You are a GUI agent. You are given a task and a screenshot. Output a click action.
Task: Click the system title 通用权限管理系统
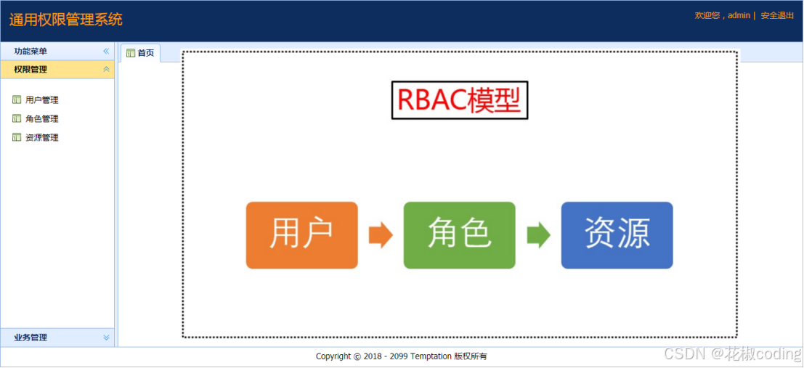[66, 20]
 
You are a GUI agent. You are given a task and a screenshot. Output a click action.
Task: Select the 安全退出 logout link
[777, 15]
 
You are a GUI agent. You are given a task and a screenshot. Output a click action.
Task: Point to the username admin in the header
[739, 15]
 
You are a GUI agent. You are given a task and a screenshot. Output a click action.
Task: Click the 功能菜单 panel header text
[31, 52]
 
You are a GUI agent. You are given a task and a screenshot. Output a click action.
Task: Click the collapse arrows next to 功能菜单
[106, 52]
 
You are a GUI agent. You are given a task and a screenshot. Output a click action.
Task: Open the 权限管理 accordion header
[31, 70]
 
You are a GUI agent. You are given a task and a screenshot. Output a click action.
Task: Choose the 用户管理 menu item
[41, 100]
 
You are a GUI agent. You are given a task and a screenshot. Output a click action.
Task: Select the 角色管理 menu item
[41, 119]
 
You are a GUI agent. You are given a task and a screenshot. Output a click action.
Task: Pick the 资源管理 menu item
[41, 138]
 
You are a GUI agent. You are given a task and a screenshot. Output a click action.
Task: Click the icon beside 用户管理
[17, 100]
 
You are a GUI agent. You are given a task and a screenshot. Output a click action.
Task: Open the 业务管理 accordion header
[31, 338]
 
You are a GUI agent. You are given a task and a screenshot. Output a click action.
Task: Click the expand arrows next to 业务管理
[106, 338]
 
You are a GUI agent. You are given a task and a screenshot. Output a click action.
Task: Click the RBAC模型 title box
[459, 101]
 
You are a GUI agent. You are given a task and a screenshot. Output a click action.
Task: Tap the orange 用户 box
[301, 235]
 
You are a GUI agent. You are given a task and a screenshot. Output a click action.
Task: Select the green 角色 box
[459, 235]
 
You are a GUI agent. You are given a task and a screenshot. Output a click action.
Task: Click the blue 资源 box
[617, 235]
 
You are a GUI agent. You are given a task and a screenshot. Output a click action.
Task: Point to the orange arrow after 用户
[380, 235]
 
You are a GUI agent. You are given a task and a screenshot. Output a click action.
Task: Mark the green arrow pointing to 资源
[537, 235]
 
